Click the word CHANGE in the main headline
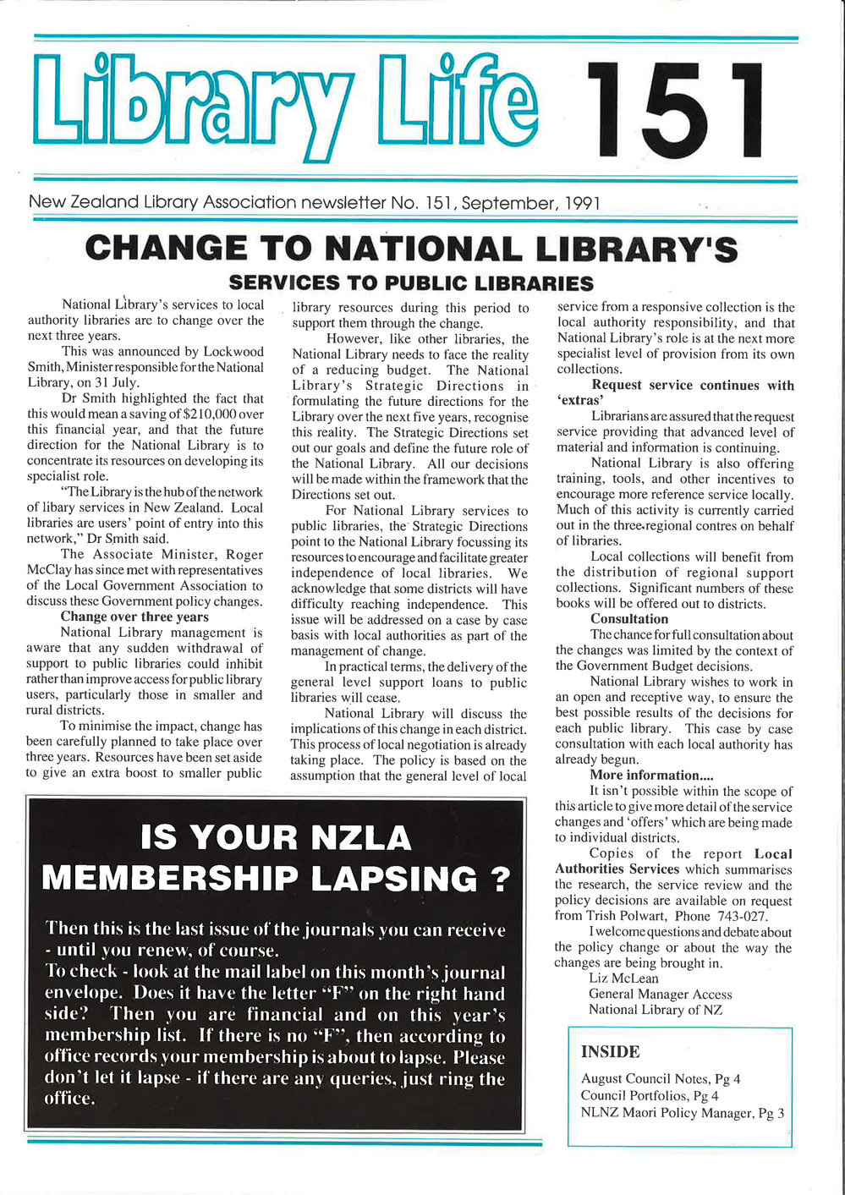click(162, 249)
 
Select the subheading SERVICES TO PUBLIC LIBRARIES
click(411, 282)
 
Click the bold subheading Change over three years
click(134, 617)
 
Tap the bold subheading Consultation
click(629, 619)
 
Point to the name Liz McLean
click(623, 978)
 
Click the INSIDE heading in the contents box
click(610, 1052)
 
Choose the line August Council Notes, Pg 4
click(650, 1078)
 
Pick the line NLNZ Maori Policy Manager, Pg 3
click(682, 1113)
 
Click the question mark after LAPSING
click(499, 879)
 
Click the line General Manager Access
click(660, 995)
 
